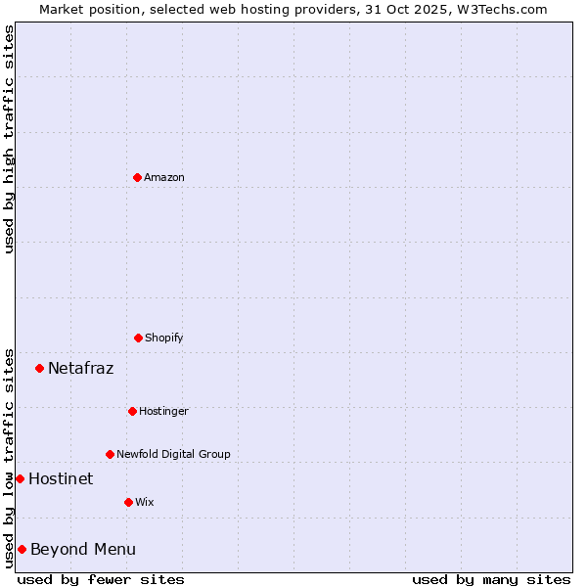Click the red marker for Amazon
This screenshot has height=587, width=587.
tap(137, 177)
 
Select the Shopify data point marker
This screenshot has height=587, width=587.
tap(138, 338)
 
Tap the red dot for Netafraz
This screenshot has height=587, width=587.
tap(39, 368)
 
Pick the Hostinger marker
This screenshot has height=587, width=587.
tap(132, 411)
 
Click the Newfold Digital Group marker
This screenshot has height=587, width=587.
tap(110, 454)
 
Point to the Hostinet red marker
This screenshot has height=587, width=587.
tap(20, 478)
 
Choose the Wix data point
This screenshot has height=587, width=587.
tap(128, 502)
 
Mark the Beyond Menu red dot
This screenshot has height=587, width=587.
tap(22, 549)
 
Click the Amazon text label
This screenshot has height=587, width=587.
tap(164, 177)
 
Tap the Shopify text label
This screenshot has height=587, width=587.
tap(164, 338)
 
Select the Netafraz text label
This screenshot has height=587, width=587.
tap(80, 368)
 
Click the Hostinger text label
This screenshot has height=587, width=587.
tap(163, 411)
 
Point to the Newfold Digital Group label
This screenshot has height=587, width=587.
tap(173, 454)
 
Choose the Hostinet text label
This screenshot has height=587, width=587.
tap(61, 478)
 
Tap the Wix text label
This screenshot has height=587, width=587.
tap(145, 502)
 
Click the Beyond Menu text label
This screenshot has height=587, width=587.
tap(83, 549)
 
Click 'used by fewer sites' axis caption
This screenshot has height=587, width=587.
tap(101, 579)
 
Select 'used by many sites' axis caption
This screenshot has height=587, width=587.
tap(491, 579)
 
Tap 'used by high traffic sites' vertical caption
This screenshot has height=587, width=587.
tap(9, 139)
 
